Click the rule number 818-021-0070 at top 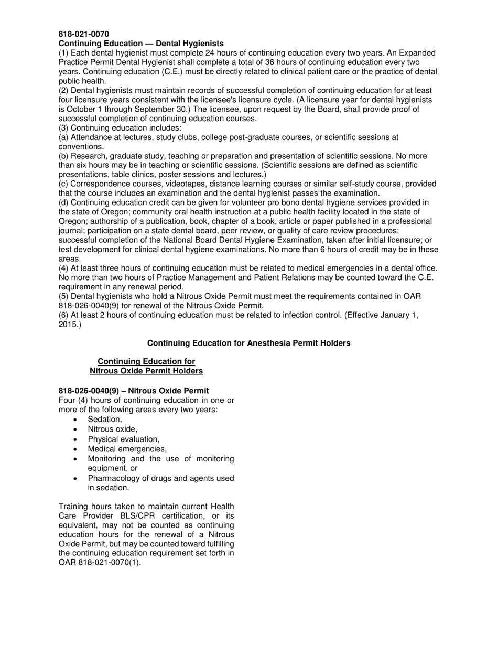pyautogui.click(x=83, y=34)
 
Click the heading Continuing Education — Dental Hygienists pyautogui.click(x=141, y=44)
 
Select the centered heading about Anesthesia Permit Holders pyautogui.click(x=248, y=343)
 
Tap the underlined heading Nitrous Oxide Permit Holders pyautogui.click(x=146, y=371)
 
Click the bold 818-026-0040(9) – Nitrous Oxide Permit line pyautogui.click(x=134, y=391)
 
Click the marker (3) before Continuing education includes pyautogui.click(x=63, y=128)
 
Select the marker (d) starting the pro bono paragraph pyautogui.click(x=63, y=202)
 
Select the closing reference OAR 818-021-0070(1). pyautogui.click(x=100, y=563)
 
